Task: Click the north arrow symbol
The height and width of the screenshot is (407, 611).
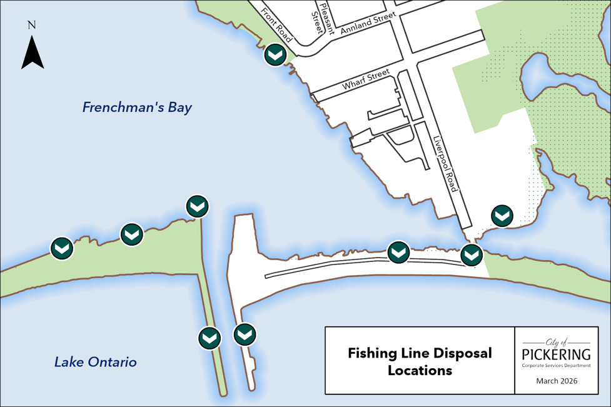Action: pos(32,53)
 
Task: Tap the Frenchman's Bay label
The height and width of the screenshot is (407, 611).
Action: pos(137,108)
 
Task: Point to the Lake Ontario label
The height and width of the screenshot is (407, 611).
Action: pos(95,362)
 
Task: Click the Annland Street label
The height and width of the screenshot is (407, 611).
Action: pos(368,23)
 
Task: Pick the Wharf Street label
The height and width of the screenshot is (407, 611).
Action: pos(366,80)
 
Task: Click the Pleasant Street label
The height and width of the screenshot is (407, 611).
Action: pos(324,17)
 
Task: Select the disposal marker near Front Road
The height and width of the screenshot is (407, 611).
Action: pos(275,54)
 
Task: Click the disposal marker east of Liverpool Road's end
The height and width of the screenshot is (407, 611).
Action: pos(502,216)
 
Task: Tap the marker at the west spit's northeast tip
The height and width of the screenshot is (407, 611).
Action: pos(198,206)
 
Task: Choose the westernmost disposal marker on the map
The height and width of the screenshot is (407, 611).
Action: pos(61,248)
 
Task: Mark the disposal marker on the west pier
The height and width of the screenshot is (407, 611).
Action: pos(210,338)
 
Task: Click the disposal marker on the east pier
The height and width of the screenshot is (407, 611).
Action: pos(245,334)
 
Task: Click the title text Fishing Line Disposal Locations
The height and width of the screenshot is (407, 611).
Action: pos(420,361)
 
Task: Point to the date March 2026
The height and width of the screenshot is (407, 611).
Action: pos(557,381)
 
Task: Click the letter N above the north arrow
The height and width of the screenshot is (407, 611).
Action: pos(32,26)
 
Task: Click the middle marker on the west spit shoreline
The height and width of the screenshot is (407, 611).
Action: pos(131,234)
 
